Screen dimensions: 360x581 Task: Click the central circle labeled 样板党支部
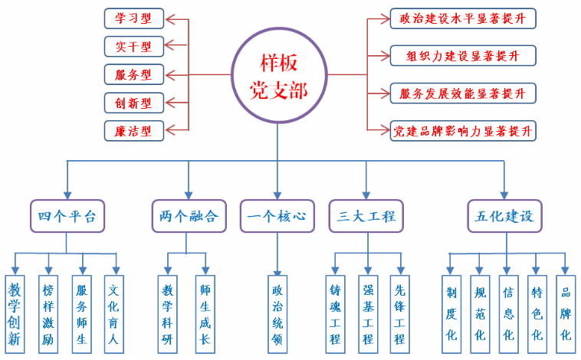pos(280,75)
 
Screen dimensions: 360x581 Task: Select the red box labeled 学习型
pos(133,18)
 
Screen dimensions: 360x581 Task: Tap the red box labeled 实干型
pos(133,46)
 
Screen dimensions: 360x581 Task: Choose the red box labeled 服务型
pos(133,74)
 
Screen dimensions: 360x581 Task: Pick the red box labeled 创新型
pos(133,102)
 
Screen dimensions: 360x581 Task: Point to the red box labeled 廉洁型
pos(133,130)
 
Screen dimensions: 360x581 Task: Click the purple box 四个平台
pos(67,216)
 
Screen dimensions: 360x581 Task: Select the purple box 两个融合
pos(189,216)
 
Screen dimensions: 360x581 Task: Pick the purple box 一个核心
pos(277,216)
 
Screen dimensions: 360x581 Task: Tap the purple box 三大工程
pos(366,216)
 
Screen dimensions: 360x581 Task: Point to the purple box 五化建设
pos(504,216)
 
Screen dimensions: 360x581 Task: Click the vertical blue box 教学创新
pos(15,313)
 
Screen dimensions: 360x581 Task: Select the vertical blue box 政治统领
pos(277,313)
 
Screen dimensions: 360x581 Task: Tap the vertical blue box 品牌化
pos(566,313)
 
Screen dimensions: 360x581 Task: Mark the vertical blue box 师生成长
pos(205,313)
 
